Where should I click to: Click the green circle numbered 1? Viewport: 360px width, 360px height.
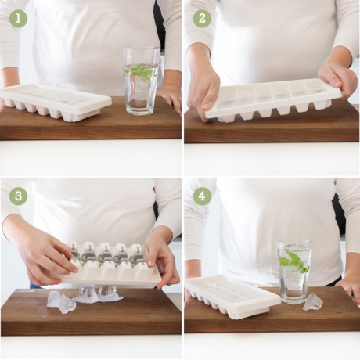pyautogui.click(x=18, y=19)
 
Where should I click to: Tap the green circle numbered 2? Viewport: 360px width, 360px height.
pyautogui.click(x=202, y=19)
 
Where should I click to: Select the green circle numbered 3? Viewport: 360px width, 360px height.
pyautogui.click(x=18, y=196)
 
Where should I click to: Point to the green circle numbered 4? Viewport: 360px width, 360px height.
pyautogui.click(x=202, y=196)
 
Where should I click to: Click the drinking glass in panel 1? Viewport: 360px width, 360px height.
pyautogui.click(x=141, y=81)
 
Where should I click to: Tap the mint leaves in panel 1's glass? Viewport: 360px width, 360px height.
pyautogui.click(x=141, y=72)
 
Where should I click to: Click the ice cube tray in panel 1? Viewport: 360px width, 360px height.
pyautogui.click(x=55, y=103)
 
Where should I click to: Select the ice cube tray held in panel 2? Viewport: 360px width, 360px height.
pyautogui.click(x=272, y=101)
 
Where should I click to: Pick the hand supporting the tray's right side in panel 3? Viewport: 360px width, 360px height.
pyautogui.click(x=162, y=258)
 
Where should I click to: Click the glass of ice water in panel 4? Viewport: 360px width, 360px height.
pyautogui.click(x=294, y=272)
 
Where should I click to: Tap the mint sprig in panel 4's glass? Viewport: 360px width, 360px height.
pyautogui.click(x=293, y=261)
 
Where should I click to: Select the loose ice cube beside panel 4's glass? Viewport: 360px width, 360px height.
pyautogui.click(x=313, y=302)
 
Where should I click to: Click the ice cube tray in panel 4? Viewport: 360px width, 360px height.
pyautogui.click(x=232, y=296)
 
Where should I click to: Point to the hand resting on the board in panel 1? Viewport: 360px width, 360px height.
pyautogui.click(x=170, y=97)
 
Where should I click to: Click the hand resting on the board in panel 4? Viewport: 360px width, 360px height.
pyautogui.click(x=348, y=287)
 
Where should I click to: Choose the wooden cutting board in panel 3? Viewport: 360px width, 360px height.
pyautogui.click(x=91, y=311)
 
